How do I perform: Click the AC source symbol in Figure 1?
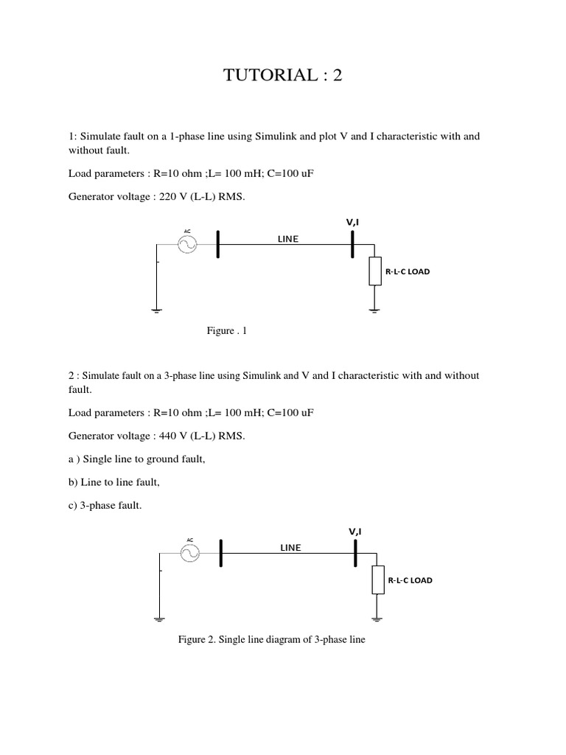tap(187, 243)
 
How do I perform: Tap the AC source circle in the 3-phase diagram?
tap(190, 552)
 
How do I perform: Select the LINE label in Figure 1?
tap(288, 239)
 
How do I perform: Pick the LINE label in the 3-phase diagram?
tap(290, 547)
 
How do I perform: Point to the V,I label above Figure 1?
tap(353, 221)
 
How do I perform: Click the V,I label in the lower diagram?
tap(355, 531)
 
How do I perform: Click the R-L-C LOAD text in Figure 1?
tap(408, 271)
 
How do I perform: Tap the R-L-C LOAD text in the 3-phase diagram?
tap(410, 580)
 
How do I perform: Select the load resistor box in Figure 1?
tap(375, 271)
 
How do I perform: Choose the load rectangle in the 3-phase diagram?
tap(377, 580)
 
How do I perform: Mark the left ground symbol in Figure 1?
tap(157, 310)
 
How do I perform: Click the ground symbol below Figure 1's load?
tap(375, 310)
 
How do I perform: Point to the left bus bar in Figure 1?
tap(218, 243)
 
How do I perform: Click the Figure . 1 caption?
tap(227, 331)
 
